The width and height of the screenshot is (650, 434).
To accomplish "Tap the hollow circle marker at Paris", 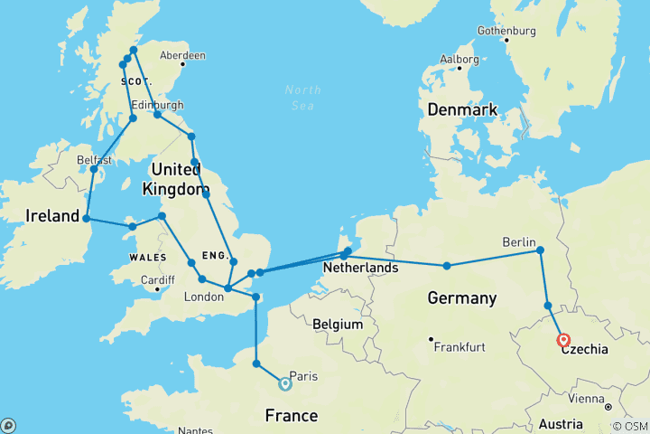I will click(285, 383).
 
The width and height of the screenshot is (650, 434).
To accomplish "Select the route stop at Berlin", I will click(540, 250).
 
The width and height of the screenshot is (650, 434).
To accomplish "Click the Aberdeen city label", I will click(182, 55).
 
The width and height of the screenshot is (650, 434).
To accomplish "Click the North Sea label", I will click(302, 97).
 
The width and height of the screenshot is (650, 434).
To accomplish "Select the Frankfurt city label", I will click(462, 346).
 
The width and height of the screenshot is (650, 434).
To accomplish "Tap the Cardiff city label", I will click(157, 279).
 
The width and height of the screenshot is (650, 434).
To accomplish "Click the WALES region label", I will click(127, 257).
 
